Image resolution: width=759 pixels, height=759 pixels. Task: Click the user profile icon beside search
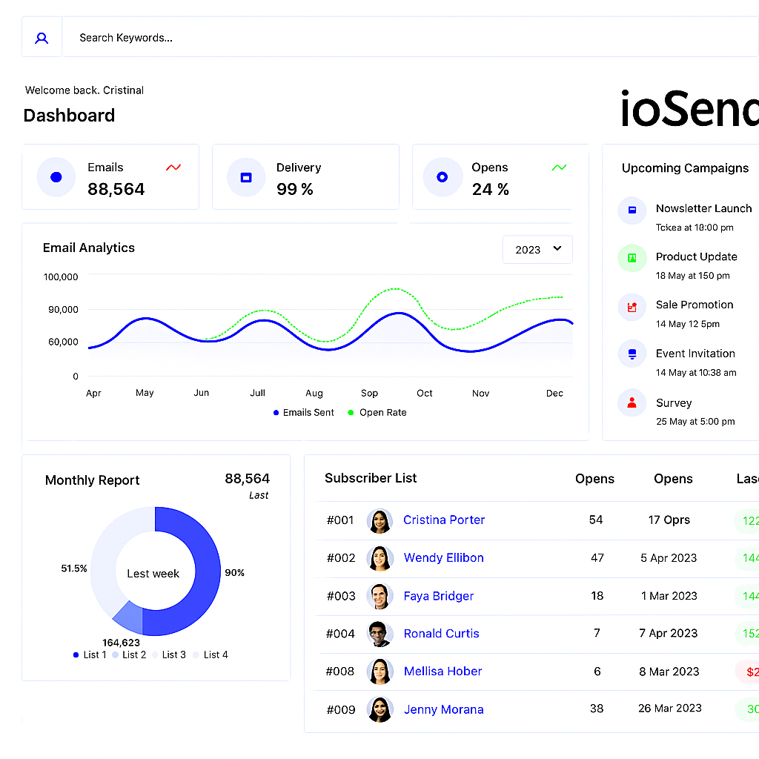click(x=42, y=37)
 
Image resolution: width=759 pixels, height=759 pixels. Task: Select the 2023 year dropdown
click(x=537, y=250)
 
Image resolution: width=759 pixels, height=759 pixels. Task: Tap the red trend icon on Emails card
click(x=173, y=168)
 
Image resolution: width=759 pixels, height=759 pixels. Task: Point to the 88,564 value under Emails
click(x=116, y=189)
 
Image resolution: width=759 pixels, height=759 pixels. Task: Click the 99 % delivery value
click(x=295, y=189)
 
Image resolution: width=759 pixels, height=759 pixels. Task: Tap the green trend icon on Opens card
click(x=560, y=168)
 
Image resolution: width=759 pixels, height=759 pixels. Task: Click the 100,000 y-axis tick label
click(x=61, y=276)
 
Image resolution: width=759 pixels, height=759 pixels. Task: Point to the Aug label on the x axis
click(x=314, y=394)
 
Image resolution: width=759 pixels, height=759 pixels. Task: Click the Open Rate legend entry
click(x=378, y=413)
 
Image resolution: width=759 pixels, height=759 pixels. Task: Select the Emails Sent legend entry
click(x=304, y=413)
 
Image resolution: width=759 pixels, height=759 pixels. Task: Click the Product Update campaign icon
click(x=632, y=258)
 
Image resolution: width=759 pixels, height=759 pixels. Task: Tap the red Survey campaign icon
click(x=632, y=403)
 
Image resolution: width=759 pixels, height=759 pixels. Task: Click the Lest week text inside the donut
click(x=153, y=573)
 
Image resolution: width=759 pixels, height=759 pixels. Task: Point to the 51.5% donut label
click(x=74, y=569)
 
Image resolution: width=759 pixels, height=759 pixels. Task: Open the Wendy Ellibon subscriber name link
click(x=443, y=558)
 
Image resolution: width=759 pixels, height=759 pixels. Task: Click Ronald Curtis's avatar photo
click(x=379, y=634)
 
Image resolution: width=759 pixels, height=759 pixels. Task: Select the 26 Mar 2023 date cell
click(x=669, y=708)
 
